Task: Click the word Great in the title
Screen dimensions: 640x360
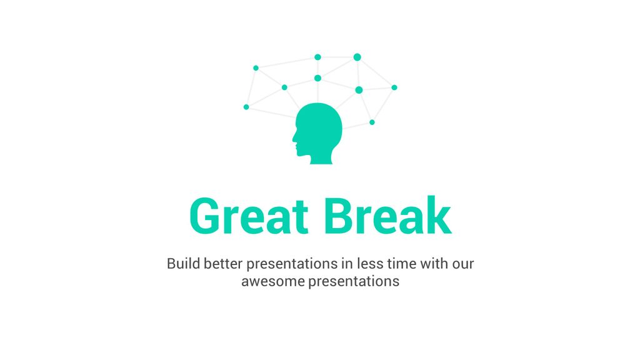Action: click(x=249, y=216)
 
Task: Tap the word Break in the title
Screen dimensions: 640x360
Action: click(x=387, y=215)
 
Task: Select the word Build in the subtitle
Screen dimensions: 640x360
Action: click(x=183, y=263)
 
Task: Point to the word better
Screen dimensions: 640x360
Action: click(x=223, y=263)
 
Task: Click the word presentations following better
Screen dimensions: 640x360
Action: click(x=292, y=264)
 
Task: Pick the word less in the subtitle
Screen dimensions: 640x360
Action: click(x=370, y=263)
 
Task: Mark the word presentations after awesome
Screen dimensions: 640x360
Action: click(x=354, y=282)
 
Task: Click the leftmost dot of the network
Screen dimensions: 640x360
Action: click(x=246, y=107)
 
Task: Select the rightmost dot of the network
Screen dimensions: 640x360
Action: click(x=394, y=87)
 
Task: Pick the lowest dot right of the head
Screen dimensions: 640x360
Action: click(x=372, y=122)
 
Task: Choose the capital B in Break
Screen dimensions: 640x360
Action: click(x=339, y=216)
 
